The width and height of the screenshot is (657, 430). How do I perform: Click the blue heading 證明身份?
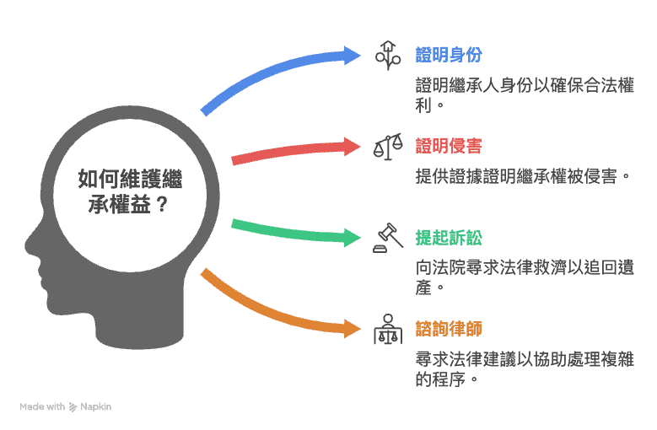[449, 55]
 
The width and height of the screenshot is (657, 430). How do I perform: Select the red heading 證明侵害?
[449, 146]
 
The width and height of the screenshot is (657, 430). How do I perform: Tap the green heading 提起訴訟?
[449, 238]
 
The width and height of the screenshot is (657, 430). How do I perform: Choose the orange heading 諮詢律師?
[449, 329]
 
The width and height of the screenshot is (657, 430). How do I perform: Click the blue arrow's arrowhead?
[352, 56]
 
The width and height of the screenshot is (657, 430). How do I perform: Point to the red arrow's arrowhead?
[352, 147]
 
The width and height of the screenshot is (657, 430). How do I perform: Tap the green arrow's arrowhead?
[352, 238]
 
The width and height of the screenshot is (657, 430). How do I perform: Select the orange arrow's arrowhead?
[352, 329]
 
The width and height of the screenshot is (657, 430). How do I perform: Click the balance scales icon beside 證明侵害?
[388, 147]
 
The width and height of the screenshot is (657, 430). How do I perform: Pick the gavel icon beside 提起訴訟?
[388, 238]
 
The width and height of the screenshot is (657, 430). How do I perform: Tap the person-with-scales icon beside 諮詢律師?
[388, 329]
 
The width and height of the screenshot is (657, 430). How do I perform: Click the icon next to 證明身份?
[388, 56]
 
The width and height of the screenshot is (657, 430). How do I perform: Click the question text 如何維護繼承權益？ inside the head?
[130, 191]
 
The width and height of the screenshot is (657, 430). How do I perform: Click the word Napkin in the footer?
[95, 406]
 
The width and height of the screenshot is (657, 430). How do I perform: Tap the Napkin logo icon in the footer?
[73, 407]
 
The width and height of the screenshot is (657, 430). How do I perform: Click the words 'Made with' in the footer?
[42, 406]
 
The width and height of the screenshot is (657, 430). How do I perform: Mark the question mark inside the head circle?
[162, 205]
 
